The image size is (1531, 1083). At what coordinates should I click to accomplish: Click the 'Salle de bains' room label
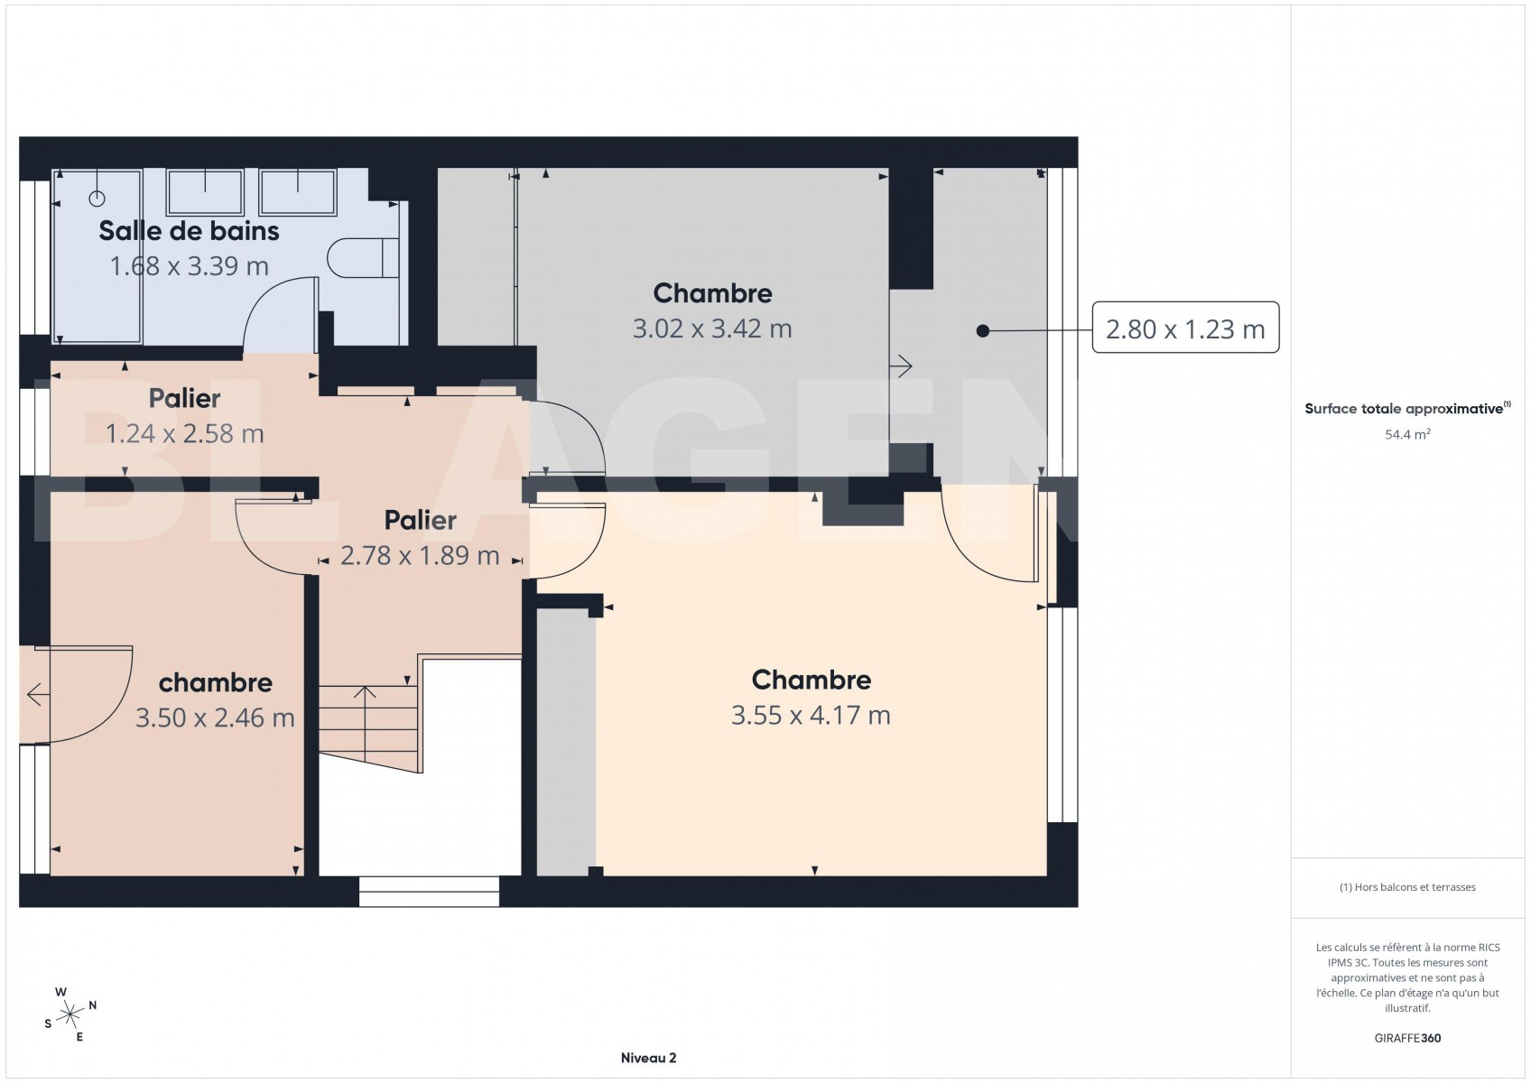pyautogui.click(x=189, y=231)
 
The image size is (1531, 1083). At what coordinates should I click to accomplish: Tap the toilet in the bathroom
pyautogui.click(x=363, y=257)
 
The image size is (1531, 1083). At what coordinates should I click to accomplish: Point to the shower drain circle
pyautogui.click(x=97, y=199)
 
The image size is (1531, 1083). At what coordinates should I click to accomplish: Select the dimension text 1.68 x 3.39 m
pyautogui.click(x=190, y=266)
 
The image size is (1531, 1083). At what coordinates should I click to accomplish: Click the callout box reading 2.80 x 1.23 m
pyautogui.click(x=1185, y=328)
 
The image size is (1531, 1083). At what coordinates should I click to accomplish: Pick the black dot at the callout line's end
pyautogui.click(x=983, y=330)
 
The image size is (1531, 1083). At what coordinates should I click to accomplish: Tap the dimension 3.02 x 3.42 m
pyautogui.click(x=712, y=329)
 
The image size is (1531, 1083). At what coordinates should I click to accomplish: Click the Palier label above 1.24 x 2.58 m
pyautogui.click(x=184, y=398)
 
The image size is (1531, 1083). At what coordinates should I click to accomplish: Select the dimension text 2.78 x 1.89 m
pyautogui.click(x=420, y=556)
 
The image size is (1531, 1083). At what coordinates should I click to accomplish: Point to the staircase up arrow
pyautogui.click(x=365, y=717)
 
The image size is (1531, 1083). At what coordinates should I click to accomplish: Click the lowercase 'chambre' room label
pyautogui.click(x=215, y=682)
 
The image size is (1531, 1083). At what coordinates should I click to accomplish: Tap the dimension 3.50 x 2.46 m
pyautogui.click(x=215, y=718)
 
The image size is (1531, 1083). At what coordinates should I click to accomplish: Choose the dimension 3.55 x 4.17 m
pyautogui.click(x=811, y=716)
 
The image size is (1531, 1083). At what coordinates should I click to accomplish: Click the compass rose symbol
pyautogui.click(x=70, y=1014)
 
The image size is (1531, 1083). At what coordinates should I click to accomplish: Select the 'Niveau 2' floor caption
pyautogui.click(x=648, y=1058)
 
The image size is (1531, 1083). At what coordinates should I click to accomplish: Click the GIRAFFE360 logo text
pyautogui.click(x=1407, y=1038)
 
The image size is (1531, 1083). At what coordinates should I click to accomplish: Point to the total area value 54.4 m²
pyautogui.click(x=1407, y=435)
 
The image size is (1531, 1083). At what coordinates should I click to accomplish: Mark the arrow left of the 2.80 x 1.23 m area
pyautogui.click(x=901, y=367)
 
